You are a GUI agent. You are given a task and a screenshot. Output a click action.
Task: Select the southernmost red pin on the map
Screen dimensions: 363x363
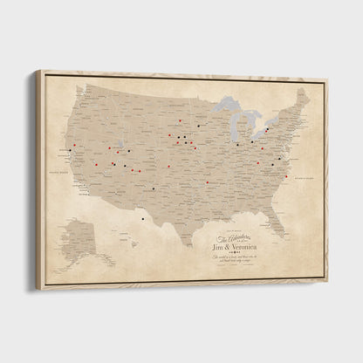(207, 183)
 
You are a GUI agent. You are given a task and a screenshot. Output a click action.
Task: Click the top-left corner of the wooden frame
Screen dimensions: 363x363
(37, 72)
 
